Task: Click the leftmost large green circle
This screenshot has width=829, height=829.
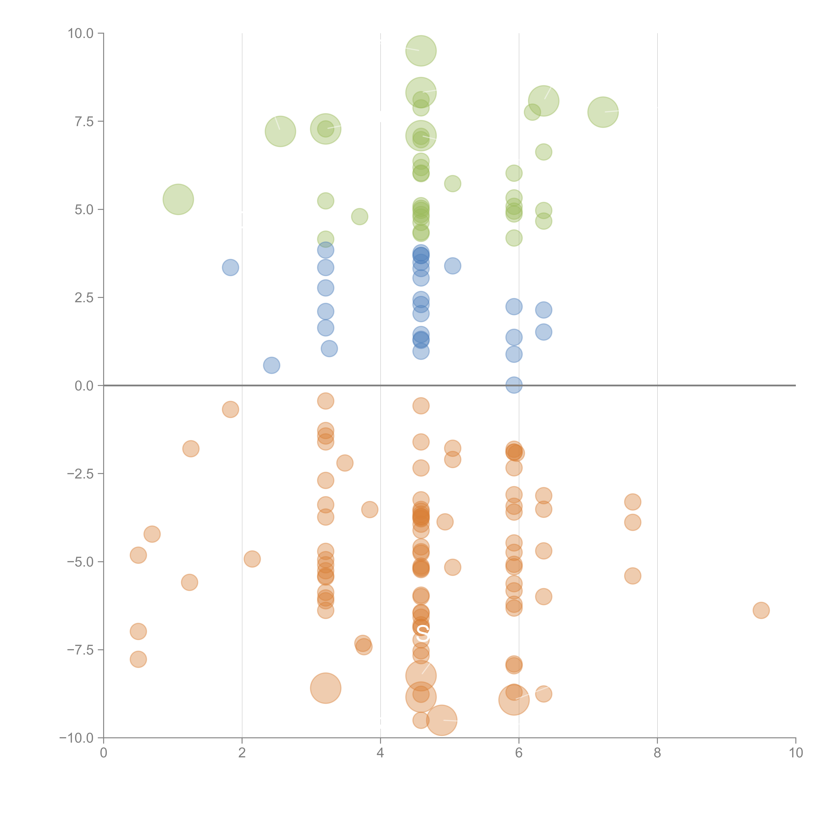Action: point(178,199)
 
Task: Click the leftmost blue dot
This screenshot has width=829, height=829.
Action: point(230,267)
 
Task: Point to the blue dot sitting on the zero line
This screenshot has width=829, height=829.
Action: point(514,385)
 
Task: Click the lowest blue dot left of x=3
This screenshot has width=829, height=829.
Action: point(271,365)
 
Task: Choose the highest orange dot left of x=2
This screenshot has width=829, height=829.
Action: point(230,409)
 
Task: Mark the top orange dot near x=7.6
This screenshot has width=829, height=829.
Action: point(633,502)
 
